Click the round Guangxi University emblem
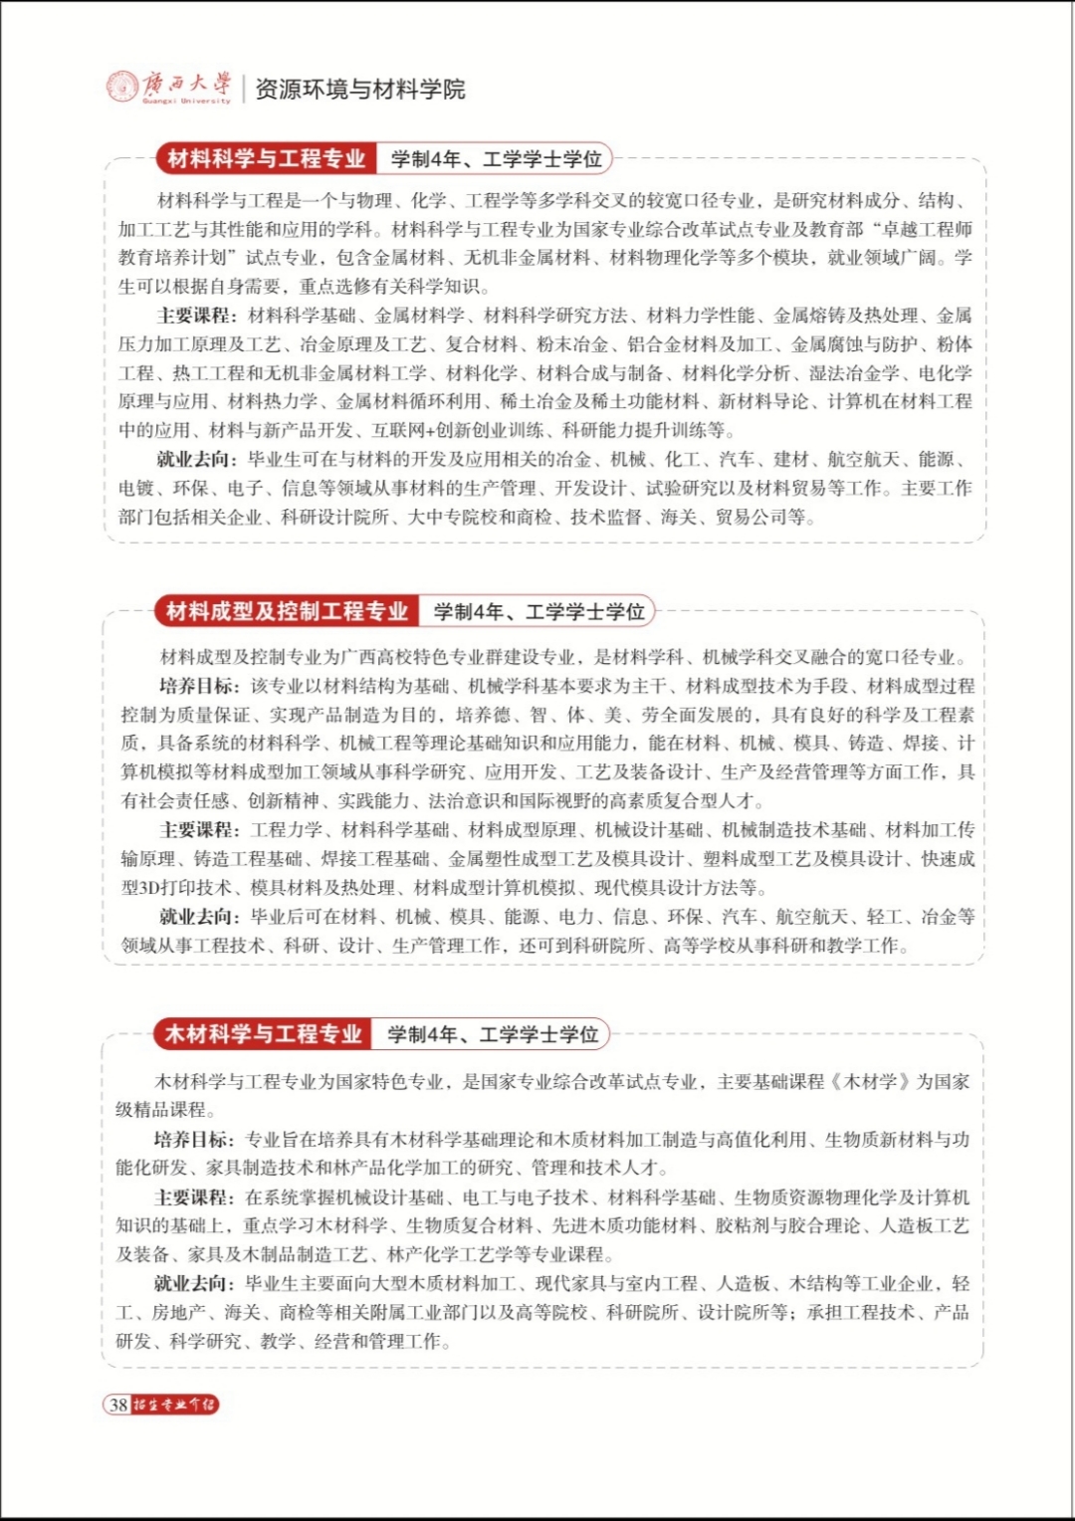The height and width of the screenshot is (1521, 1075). pos(123,87)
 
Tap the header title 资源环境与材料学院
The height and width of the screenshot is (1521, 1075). pos(360,90)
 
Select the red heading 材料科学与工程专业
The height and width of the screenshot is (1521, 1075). pos(266,158)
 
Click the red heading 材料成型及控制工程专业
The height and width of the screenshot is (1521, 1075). pos(287,611)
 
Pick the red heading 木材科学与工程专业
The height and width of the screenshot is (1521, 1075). pos(263,1034)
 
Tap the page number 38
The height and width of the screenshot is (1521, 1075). pos(118,1405)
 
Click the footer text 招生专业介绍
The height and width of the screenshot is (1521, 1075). pos(174,1405)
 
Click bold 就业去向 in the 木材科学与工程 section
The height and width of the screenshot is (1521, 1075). pos(194,1284)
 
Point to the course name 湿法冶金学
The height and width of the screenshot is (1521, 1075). pos(853,373)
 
